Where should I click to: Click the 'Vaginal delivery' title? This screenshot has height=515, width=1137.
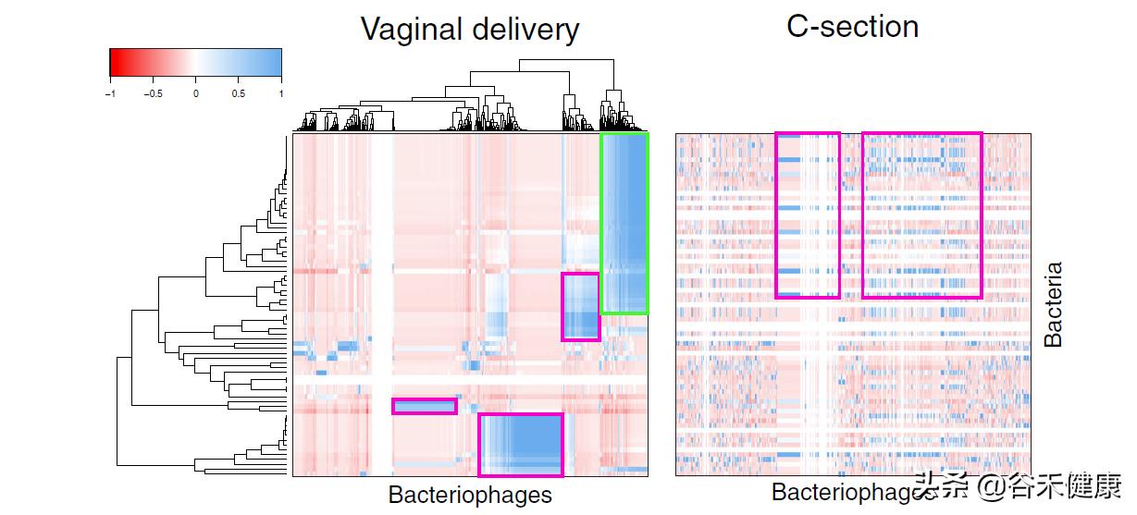(x=469, y=29)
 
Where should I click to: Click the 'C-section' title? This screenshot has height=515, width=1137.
(x=852, y=26)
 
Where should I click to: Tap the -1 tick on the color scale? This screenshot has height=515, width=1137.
(x=110, y=92)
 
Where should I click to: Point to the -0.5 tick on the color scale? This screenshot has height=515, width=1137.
(x=153, y=92)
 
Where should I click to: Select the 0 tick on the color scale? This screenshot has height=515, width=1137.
(x=195, y=92)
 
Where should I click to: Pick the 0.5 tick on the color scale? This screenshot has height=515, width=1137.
(x=238, y=92)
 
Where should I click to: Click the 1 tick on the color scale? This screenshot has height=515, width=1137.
(x=280, y=92)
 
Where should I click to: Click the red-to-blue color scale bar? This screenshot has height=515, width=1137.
(x=195, y=62)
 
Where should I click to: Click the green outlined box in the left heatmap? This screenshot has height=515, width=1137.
(x=624, y=223)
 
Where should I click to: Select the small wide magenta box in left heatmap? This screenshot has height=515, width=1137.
(x=425, y=406)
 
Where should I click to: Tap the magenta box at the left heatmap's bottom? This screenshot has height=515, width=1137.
(x=520, y=445)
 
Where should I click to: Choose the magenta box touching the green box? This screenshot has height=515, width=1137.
(x=581, y=306)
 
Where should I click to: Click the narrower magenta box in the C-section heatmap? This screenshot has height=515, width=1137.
(x=808, y=215)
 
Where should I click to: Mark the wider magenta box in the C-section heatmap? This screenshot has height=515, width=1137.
(x=921, y=215)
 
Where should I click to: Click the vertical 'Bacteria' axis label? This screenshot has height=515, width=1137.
(x=1053, y=304)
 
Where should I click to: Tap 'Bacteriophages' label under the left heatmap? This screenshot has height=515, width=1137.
(x=469, y=495)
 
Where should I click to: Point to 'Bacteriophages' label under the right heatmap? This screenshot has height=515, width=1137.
(x=837, y=492)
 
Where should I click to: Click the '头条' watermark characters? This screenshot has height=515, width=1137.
(x=934, y=485)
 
